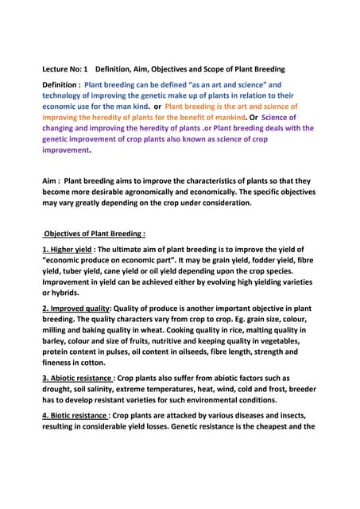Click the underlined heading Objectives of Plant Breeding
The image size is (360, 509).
click(x=95, y=234)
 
